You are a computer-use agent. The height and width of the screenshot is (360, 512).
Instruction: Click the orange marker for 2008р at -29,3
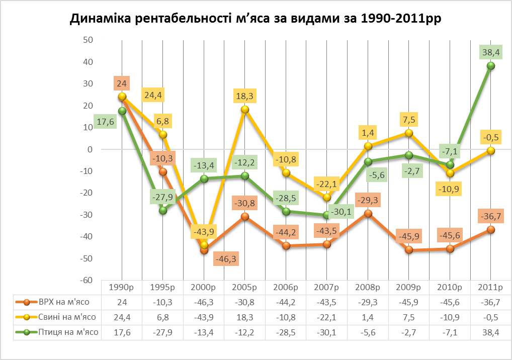(368, 213)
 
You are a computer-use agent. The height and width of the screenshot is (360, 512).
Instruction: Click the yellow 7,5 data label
(408, 120)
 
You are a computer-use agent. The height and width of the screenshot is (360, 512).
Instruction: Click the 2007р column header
(326, 288)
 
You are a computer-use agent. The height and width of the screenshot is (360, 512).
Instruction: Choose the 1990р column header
(122, 288)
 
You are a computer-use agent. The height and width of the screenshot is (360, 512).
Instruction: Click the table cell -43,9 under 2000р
(204, 317)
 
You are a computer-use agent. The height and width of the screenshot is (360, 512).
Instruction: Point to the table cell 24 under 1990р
(122, 303)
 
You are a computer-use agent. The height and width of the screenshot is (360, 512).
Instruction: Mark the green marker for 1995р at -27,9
(163, 210)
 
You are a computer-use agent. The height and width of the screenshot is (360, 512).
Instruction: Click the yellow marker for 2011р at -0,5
(490, 150)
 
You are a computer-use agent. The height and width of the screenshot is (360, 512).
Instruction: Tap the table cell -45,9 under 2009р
(408, 303)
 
